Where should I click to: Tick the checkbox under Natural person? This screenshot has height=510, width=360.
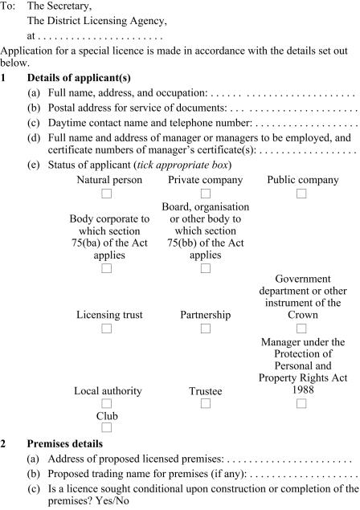[107, 194]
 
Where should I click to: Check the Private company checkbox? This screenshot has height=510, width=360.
[205, 194]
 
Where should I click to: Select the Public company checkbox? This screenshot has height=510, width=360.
[301, 194]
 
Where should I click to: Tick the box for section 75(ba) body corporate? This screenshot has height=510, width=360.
[107, 268]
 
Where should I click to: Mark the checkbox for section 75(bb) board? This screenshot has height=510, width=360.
[205, 268]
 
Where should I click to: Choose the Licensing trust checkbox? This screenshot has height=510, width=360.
[107, 328]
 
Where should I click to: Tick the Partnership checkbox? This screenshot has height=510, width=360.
[205, 328]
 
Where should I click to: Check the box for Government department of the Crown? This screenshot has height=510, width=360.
[301, 328]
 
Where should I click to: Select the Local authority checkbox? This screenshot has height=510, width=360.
[107, 404]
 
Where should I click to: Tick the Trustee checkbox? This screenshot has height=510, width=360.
[205, 404]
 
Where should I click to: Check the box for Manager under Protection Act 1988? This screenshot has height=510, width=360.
[301, 404]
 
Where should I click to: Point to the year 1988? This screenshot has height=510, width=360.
[302, 390]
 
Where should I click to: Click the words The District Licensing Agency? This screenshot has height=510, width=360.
[97, 20]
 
